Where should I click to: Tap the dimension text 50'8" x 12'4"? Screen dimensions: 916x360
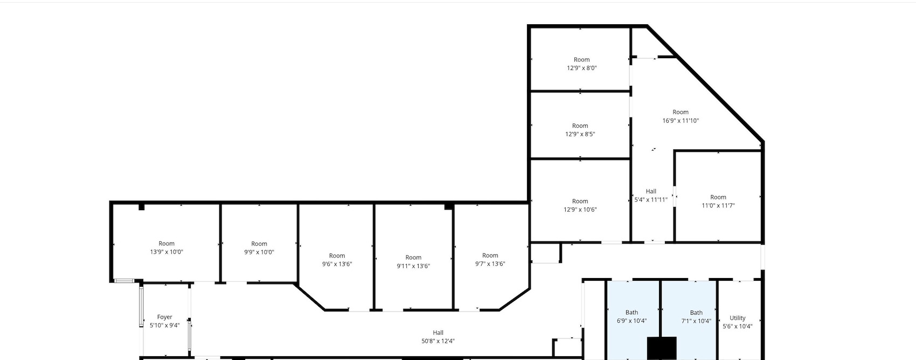[438, 341]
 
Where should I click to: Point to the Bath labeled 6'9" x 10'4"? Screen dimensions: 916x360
[632, 317]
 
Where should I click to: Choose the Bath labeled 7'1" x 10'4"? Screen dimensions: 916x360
[696, 317]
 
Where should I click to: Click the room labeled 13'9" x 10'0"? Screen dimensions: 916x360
[166, 248]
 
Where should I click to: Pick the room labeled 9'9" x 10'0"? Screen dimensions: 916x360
[259, 248]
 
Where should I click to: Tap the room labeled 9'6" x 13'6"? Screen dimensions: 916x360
[337, 260]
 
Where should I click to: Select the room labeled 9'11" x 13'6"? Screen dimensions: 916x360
[413, 262]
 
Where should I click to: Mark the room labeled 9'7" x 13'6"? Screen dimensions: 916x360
[490, 259]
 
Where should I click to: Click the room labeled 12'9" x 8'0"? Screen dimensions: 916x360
[581, 64]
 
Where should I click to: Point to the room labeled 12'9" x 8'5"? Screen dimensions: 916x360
[580, 130]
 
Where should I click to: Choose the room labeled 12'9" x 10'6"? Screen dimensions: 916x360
[580, 205]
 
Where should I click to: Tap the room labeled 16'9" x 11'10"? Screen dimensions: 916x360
[681, 116]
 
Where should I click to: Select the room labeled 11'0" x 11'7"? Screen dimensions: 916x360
[718, 201]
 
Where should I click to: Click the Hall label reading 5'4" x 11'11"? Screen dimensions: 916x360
[651, 196]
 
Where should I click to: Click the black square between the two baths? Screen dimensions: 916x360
[661, 348]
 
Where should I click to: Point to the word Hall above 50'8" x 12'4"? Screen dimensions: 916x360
[438, 333]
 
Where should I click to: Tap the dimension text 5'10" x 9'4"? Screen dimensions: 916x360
[164, 326]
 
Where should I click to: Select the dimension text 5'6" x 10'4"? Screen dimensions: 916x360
[737, 327]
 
